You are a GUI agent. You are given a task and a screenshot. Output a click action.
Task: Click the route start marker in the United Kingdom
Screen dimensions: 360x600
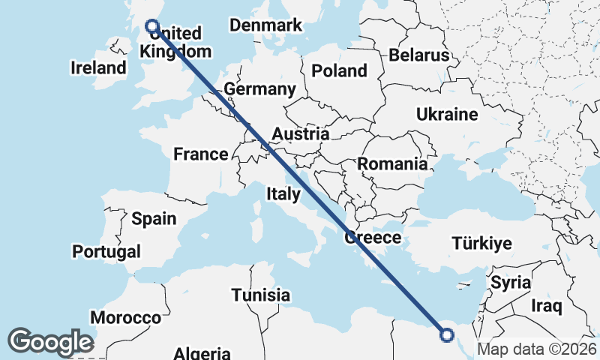152,26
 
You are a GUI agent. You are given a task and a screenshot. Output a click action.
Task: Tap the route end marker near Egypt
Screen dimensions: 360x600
447,335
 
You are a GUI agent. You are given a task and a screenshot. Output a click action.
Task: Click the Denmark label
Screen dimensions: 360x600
265,25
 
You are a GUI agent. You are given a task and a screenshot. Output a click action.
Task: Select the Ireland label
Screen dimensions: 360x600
99,68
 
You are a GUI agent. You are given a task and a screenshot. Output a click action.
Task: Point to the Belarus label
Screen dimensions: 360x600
418,55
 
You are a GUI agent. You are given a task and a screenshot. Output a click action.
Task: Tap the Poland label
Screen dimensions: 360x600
339,71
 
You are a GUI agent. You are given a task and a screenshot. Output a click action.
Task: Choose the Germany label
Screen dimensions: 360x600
259,89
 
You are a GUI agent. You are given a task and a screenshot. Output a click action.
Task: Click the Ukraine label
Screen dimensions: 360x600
447,115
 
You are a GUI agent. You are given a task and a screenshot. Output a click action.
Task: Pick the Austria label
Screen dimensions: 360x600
300,134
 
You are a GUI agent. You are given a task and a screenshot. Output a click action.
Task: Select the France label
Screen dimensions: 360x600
200,154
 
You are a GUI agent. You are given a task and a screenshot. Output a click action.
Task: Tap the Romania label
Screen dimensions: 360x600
392,163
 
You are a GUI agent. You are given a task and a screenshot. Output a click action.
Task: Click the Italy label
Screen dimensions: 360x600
283,194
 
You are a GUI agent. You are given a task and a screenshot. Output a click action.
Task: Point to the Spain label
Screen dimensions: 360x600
154,219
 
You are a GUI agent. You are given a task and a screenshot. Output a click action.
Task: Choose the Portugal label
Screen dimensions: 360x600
106,251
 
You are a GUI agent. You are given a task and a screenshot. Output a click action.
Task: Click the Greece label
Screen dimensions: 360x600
373,238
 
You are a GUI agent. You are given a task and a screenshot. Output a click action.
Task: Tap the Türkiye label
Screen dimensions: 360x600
481,243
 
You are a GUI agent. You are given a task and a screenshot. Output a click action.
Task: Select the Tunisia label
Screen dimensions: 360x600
260,295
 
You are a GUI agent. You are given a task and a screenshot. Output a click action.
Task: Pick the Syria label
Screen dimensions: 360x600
511,283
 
